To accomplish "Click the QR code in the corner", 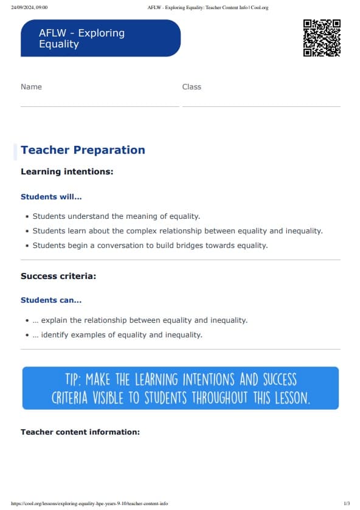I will click(x=322, y=38).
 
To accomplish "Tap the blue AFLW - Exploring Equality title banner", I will click(x=100, y=38).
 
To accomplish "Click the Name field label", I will click(x=31, y=87).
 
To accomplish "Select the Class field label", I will click(x=192, y=87).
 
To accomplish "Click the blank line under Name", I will click(x=100, y=106).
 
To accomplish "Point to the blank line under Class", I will click(x=261, y=106).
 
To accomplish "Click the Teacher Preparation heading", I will click(x=83, y=150).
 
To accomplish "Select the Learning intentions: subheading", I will click(x=67, y=172).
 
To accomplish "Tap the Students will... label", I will click(x=51, y=197).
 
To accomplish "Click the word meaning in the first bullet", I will click(x=141, y=216).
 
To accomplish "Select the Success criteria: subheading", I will click(x=58, y=277).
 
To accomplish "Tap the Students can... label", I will click(x=51, y=300).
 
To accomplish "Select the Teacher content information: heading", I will click(x=80, y=432).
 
